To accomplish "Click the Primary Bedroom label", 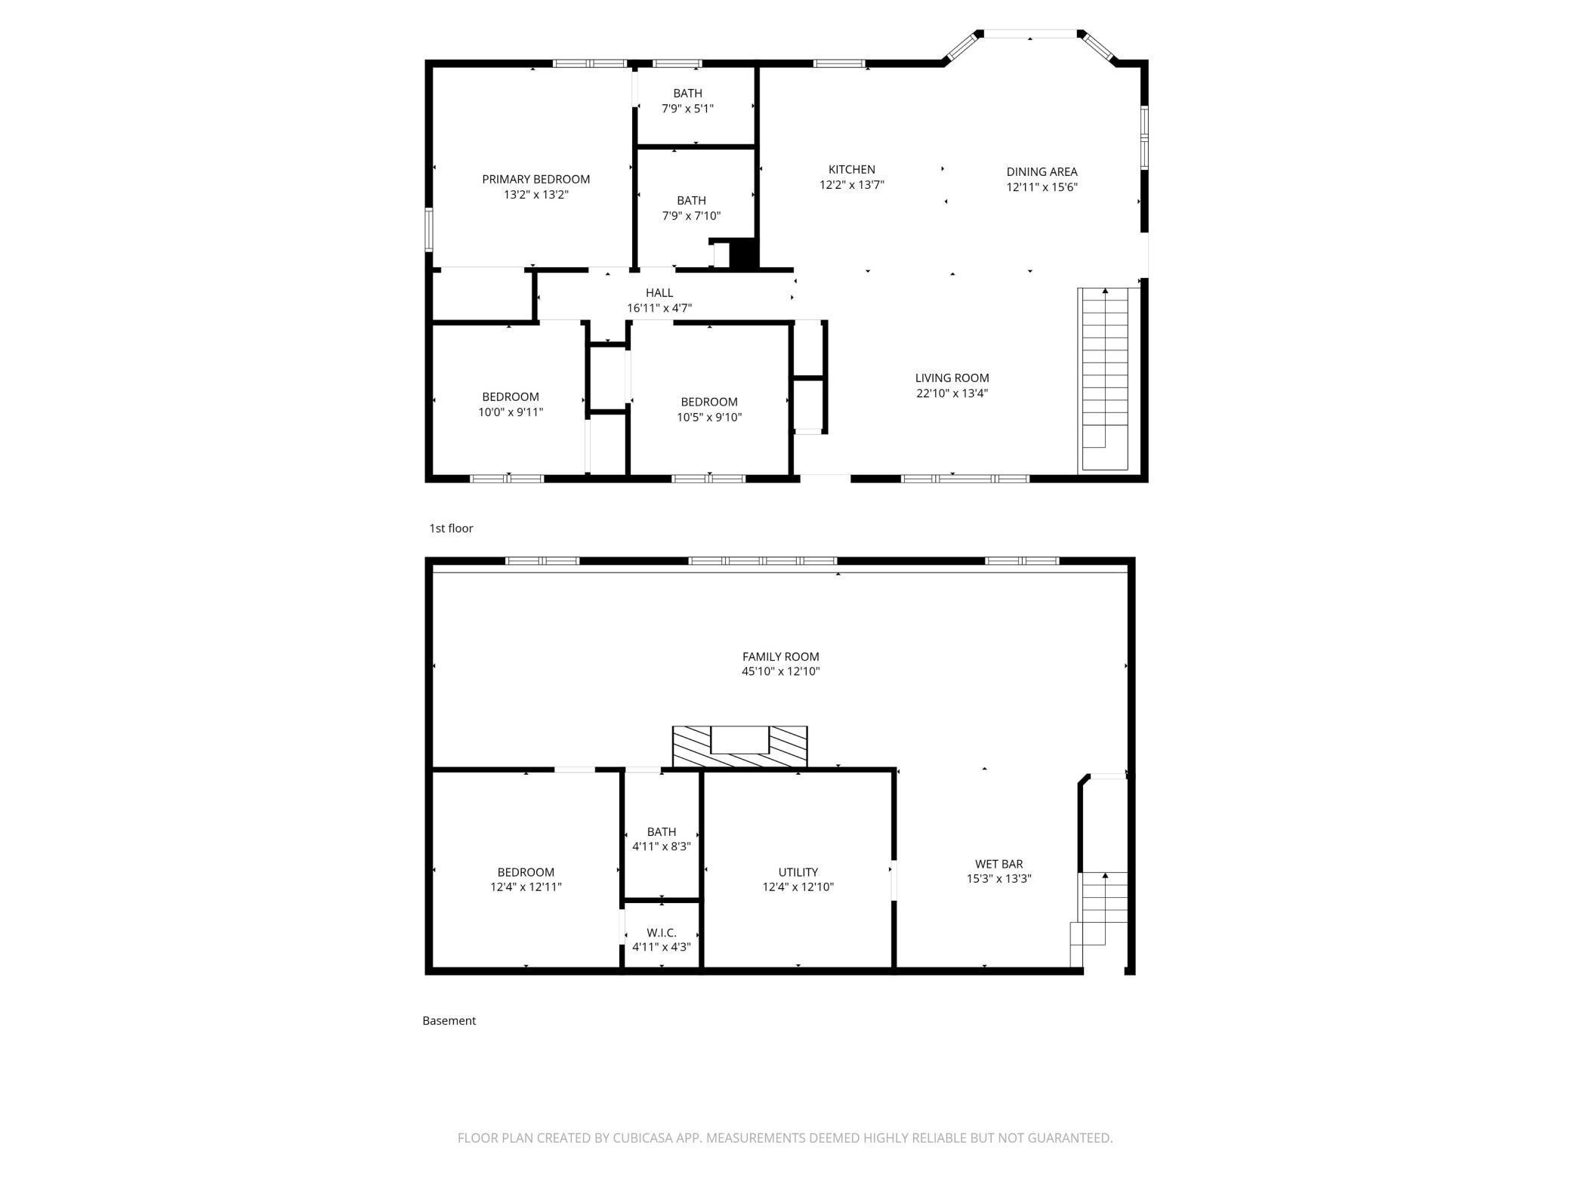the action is tap(535, 179).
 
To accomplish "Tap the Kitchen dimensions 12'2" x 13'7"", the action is tap(851, 184).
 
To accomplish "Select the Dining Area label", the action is tap(1042, 171).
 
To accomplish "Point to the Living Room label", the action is tap(952, 378).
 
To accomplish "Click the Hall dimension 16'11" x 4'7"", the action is tap(659, 308).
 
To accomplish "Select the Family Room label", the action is tap(780, 657).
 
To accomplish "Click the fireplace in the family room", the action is tap(739, 747).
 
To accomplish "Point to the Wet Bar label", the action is tap(998, 864).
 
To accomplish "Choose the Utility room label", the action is tap(798, 872).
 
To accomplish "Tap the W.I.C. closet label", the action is tap(661, 933).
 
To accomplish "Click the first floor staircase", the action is tap(1106, 380).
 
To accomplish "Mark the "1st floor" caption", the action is tap(451, 529).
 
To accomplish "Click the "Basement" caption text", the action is tap(449, 1021).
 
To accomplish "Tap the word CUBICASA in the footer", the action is tap(644, 1138).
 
